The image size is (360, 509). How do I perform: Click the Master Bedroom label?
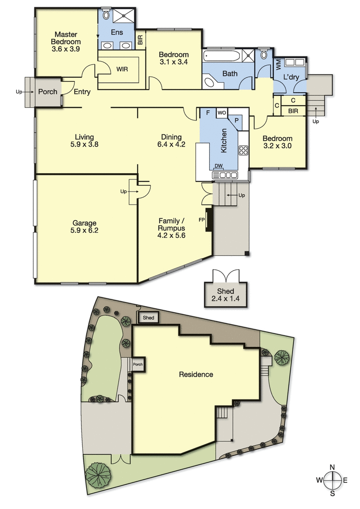pos(66,38)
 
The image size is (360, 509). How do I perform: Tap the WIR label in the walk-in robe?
pos(122,69)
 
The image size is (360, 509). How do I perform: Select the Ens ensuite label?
pos(117,32)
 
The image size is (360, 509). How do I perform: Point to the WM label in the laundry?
pos(278,65)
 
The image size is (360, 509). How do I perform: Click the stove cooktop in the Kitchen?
pos(244,150)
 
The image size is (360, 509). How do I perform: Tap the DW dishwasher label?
pos(219,166)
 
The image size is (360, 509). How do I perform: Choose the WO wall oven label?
pos(221,113)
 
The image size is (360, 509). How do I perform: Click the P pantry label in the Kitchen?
pos(237,120)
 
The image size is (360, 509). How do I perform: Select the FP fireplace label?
pos(202,220)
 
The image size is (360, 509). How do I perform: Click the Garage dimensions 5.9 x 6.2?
pos(85,231)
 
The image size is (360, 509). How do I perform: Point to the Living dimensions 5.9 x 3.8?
pos(85,144)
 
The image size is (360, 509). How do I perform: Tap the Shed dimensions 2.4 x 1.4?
pos(225,298)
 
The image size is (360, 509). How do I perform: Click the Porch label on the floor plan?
pos(48,92)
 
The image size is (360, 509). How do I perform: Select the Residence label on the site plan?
pos(196,374)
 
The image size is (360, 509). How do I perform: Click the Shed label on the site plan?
pos(148,317)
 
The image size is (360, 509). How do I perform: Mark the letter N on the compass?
pos(333,467)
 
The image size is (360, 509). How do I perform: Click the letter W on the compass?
pos(319,480)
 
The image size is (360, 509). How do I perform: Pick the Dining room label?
pos(171,137)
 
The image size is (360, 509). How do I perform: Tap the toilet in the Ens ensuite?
pos(106,14)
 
